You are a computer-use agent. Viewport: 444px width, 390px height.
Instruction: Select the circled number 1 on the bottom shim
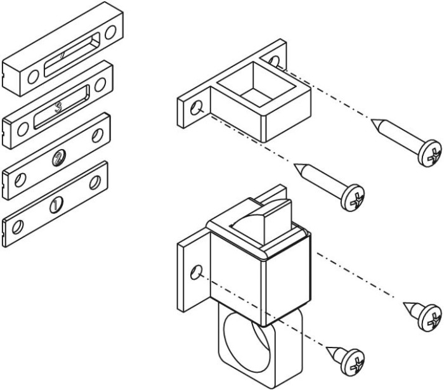[56, 204]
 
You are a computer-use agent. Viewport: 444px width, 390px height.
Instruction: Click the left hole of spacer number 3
[23, 130]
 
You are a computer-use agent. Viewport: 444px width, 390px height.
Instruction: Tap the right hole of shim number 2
[98, 135]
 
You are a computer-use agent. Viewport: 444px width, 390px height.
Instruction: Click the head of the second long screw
[353, 197]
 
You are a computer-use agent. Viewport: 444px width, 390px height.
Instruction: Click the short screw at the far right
[425, 315]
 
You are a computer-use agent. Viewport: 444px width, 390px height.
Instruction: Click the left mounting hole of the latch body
[196, 273]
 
